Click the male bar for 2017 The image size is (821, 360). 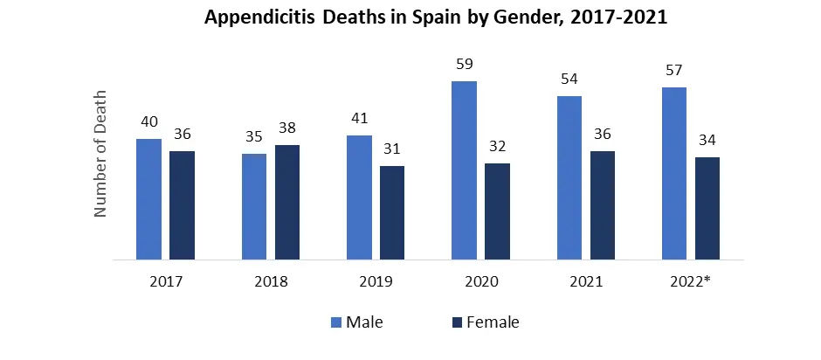[x=149, y=199]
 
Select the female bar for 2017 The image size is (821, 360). [x=182, y=205]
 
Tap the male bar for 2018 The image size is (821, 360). [x=254, y=207]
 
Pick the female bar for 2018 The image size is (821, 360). [x=286, y=203]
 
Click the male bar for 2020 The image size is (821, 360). [x=464, y=170]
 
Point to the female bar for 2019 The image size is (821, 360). [x=392, y=213]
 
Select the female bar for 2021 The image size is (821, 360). [x=603, y=205]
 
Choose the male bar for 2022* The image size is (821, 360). [x=674, y=174]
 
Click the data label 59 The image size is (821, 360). [x=464, y=64]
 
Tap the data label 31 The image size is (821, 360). [x=392, y=149]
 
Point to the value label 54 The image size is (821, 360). [x=569, y=79]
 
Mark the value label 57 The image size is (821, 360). [x=674, y=70]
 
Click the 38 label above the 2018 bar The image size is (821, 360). [x=286, y=128]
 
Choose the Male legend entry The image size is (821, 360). [x=356, y=322]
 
